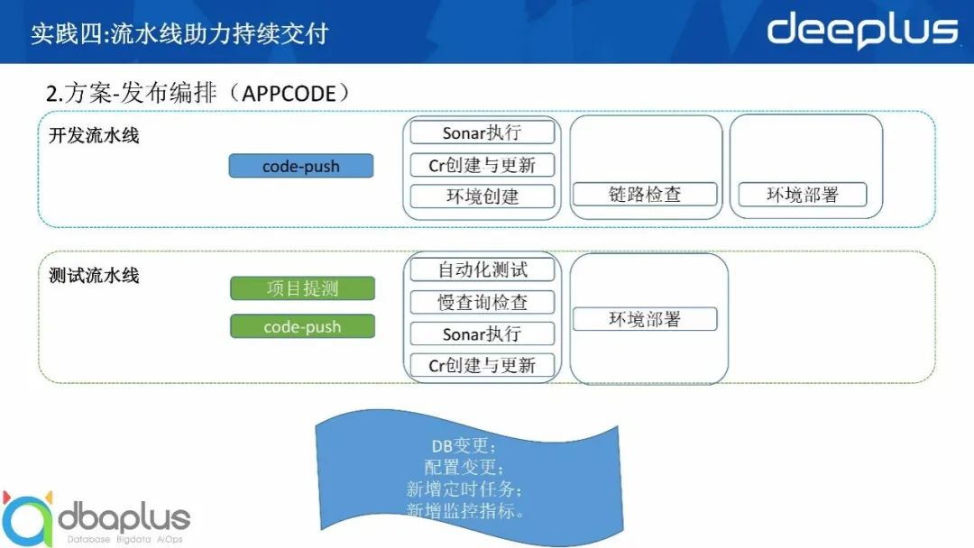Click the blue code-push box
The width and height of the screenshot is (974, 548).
click(301, 166)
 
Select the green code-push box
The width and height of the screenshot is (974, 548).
click(302, 326)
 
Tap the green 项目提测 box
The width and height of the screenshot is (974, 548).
click(302, 288)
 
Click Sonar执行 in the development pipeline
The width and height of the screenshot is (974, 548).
click(482, 132)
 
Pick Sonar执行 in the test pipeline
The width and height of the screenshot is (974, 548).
click(482, 333)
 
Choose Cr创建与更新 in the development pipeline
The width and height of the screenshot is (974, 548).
click(482, 165)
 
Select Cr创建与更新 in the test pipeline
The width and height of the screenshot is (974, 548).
click(482, 366)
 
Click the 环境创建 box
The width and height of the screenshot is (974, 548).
click(482, 196)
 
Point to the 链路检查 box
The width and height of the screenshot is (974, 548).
click(645, 195)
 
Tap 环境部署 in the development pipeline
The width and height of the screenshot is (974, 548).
click(803, 195)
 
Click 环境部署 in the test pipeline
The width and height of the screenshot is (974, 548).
click(645, 319)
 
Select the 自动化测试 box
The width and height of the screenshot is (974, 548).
click(482, 270)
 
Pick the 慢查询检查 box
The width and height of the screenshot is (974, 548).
click(482, 302)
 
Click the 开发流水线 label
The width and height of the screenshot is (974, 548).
click(94, 135)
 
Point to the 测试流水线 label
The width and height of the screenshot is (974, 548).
click(94, 275)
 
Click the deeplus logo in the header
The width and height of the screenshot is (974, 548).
click(862, 31)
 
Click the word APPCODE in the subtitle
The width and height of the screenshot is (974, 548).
click(289, 94)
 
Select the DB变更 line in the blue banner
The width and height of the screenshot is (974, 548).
click(464, 445)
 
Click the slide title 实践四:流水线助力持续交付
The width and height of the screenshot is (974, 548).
click(179, 33)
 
